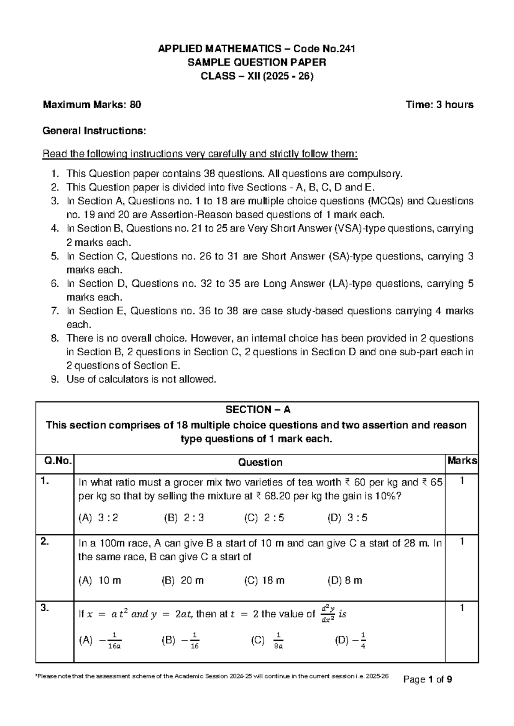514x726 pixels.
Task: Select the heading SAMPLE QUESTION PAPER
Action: point(257,62)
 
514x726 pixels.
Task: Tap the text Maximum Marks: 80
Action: point(92,104)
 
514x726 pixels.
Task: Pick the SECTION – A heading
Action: point(257,410)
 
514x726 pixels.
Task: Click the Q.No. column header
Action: point(55,461)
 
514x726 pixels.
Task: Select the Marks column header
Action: point(462,461)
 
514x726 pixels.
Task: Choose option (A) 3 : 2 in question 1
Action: point(98,518)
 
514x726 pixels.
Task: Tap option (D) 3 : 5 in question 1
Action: point(347,518)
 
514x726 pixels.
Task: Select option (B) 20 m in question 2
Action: point(183,580)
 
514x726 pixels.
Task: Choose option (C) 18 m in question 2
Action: point(264,580)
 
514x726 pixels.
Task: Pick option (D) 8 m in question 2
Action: point(345,580)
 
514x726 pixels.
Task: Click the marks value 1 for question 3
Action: point(462,608)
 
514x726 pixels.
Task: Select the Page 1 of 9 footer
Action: point(428,679)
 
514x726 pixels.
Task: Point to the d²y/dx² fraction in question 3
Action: point(327,614)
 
